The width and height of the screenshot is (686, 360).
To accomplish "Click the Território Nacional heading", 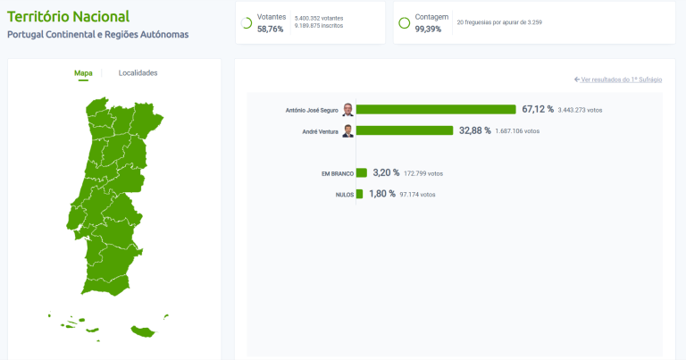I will pyautogui.click(x=68, y=16).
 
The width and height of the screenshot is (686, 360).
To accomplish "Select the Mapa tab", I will pyautogui.click(x=83, y=72).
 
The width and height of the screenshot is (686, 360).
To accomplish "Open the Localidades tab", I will pyautogui.click(x=138, y=72).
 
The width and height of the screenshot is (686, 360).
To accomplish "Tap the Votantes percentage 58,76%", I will pyautogui.click(x=270, y=29).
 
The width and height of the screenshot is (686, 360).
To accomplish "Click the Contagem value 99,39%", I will pyautogui.click(x=428, y=29).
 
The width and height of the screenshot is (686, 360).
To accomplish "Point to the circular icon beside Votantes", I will pyautogui.click(x=247, y=22).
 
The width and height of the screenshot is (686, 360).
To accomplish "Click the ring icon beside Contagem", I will pyautogui.click(x=404, y=22).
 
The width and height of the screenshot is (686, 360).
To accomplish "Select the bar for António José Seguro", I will pyautogui.click(x=436, y=109).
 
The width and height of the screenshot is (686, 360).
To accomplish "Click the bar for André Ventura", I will pyautogui.click(x=405, y=130).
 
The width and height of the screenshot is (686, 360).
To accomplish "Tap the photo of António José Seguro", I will pyautogui.click(x=347, y=109).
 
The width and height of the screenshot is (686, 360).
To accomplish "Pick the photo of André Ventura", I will pyautogui.click(x=347, y=130).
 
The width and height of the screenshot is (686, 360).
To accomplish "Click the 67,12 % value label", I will pyautogui.click(x=538, y=109).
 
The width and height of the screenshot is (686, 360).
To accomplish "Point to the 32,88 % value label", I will pyautogui.click(x=475, y=130).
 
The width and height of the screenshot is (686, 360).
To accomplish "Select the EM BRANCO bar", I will pyautogui.click(x=362, y=172).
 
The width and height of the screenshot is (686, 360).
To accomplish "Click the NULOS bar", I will pyautogui.click(x=359, y=194).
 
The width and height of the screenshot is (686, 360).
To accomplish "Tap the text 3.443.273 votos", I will pyautogui.click(x=581, y=110).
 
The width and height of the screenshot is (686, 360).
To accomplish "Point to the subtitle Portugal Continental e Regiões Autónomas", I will pyautogui.click(x=97, y=35).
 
